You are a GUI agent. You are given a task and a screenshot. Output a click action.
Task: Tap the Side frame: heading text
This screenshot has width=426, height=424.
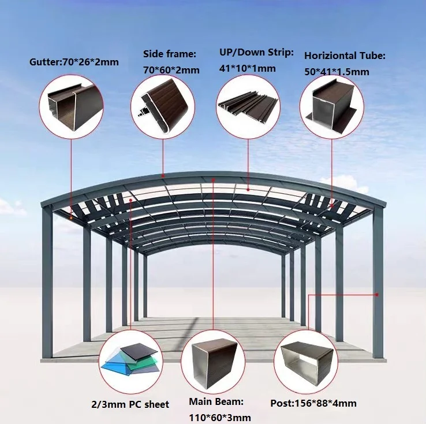(x=170, y=54)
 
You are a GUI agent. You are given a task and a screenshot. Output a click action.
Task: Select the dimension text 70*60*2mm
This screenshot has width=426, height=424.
(x=171, y=70)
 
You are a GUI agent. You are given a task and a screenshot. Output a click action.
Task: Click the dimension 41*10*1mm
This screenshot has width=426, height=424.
(x=247, y=68)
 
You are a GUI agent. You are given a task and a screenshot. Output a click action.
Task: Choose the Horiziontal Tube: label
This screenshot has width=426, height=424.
(x=345, y=56)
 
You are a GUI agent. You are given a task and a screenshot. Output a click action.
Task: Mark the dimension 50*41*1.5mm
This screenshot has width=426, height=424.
(x=337, y=72)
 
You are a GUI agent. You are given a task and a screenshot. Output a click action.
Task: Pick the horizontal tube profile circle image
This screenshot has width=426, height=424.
(x=332, y=105)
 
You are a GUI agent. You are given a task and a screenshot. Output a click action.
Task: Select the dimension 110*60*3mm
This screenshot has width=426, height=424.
(x=220, y=417)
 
